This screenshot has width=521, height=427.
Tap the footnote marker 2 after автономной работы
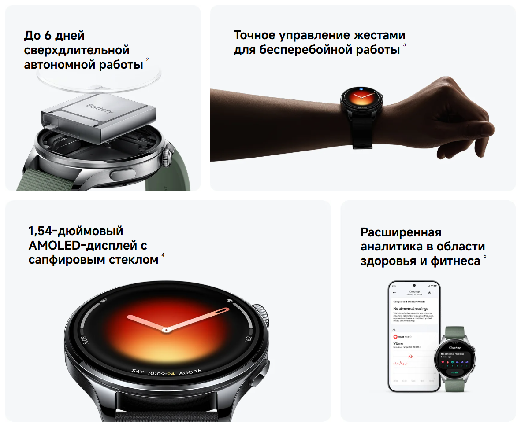point(147,59)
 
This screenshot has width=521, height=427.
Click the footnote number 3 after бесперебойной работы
point(404,44)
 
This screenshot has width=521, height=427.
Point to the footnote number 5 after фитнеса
point(485,256)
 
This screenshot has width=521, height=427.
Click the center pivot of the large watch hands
point(166,329)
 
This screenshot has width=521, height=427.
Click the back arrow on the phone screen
point(394,293)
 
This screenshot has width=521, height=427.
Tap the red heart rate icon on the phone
point(395,336)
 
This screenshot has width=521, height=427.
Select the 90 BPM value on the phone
point(397,343)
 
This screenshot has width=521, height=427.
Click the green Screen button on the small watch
point(454,372)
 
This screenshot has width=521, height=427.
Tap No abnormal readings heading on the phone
point(410,309)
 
